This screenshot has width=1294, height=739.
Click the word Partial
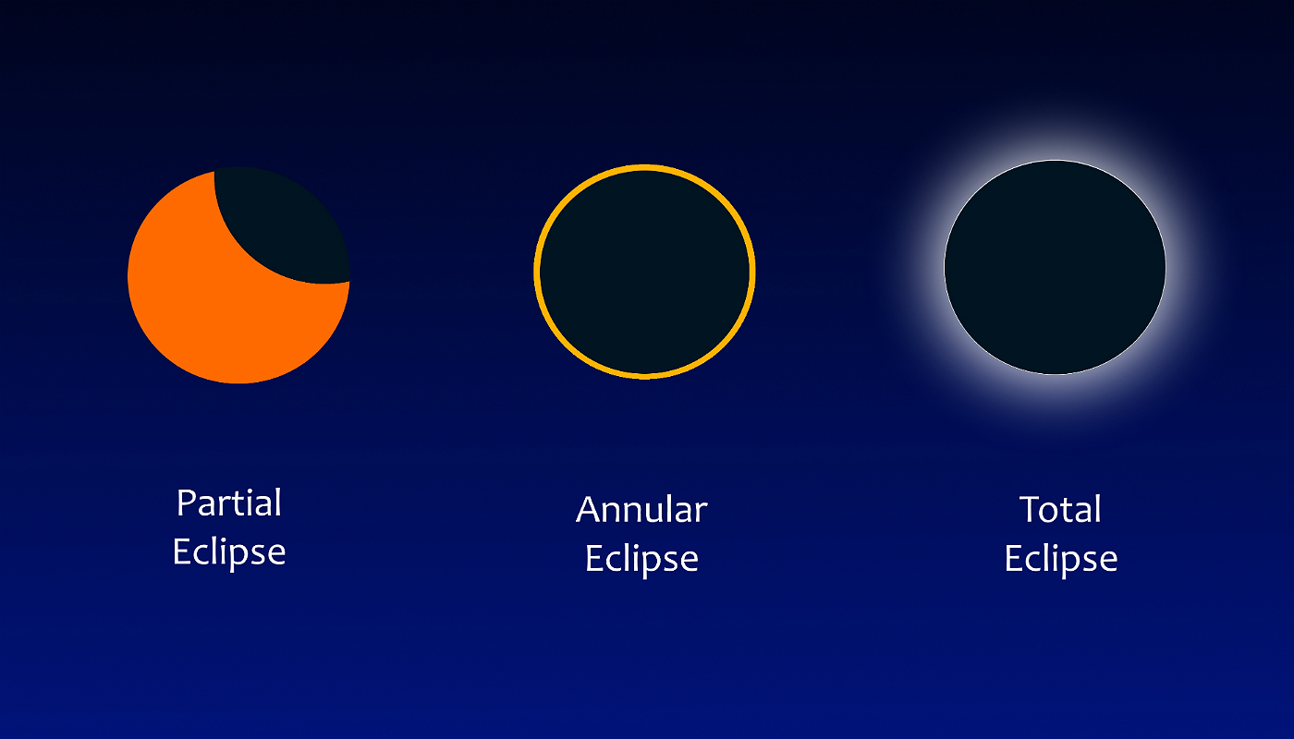tap(229, 503)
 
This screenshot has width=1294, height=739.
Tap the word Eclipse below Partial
tap(229, 553)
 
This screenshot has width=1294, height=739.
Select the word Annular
tap(641, 509)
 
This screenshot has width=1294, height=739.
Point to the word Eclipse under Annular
tap(641, 560)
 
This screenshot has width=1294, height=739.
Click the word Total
tap(1060, 509)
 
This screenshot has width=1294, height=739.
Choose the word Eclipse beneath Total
tap(1061, 560)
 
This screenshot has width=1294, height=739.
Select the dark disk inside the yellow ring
tap(644, 272)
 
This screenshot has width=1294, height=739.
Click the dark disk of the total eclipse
tap(1055, 267)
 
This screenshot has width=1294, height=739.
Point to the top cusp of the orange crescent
tap(214, 172)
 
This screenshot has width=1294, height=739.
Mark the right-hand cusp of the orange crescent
tap(349, 282)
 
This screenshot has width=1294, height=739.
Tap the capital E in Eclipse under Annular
tap(594, 558)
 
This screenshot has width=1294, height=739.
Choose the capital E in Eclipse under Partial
tap(182, 551)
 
